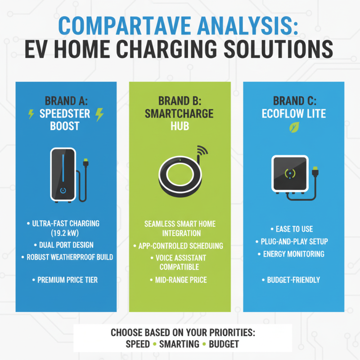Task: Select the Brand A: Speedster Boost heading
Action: (x=66, y=113)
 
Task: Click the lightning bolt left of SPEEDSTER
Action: (x=31, y=114)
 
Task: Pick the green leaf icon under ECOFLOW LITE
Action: (x=293, y=128)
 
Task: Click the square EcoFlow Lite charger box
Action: (x=290, y=173)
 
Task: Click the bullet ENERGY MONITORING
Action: (x=293, y=254)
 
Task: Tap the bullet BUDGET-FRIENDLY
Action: (x=293, y=280)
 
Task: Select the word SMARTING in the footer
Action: (x=180, y=344)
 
